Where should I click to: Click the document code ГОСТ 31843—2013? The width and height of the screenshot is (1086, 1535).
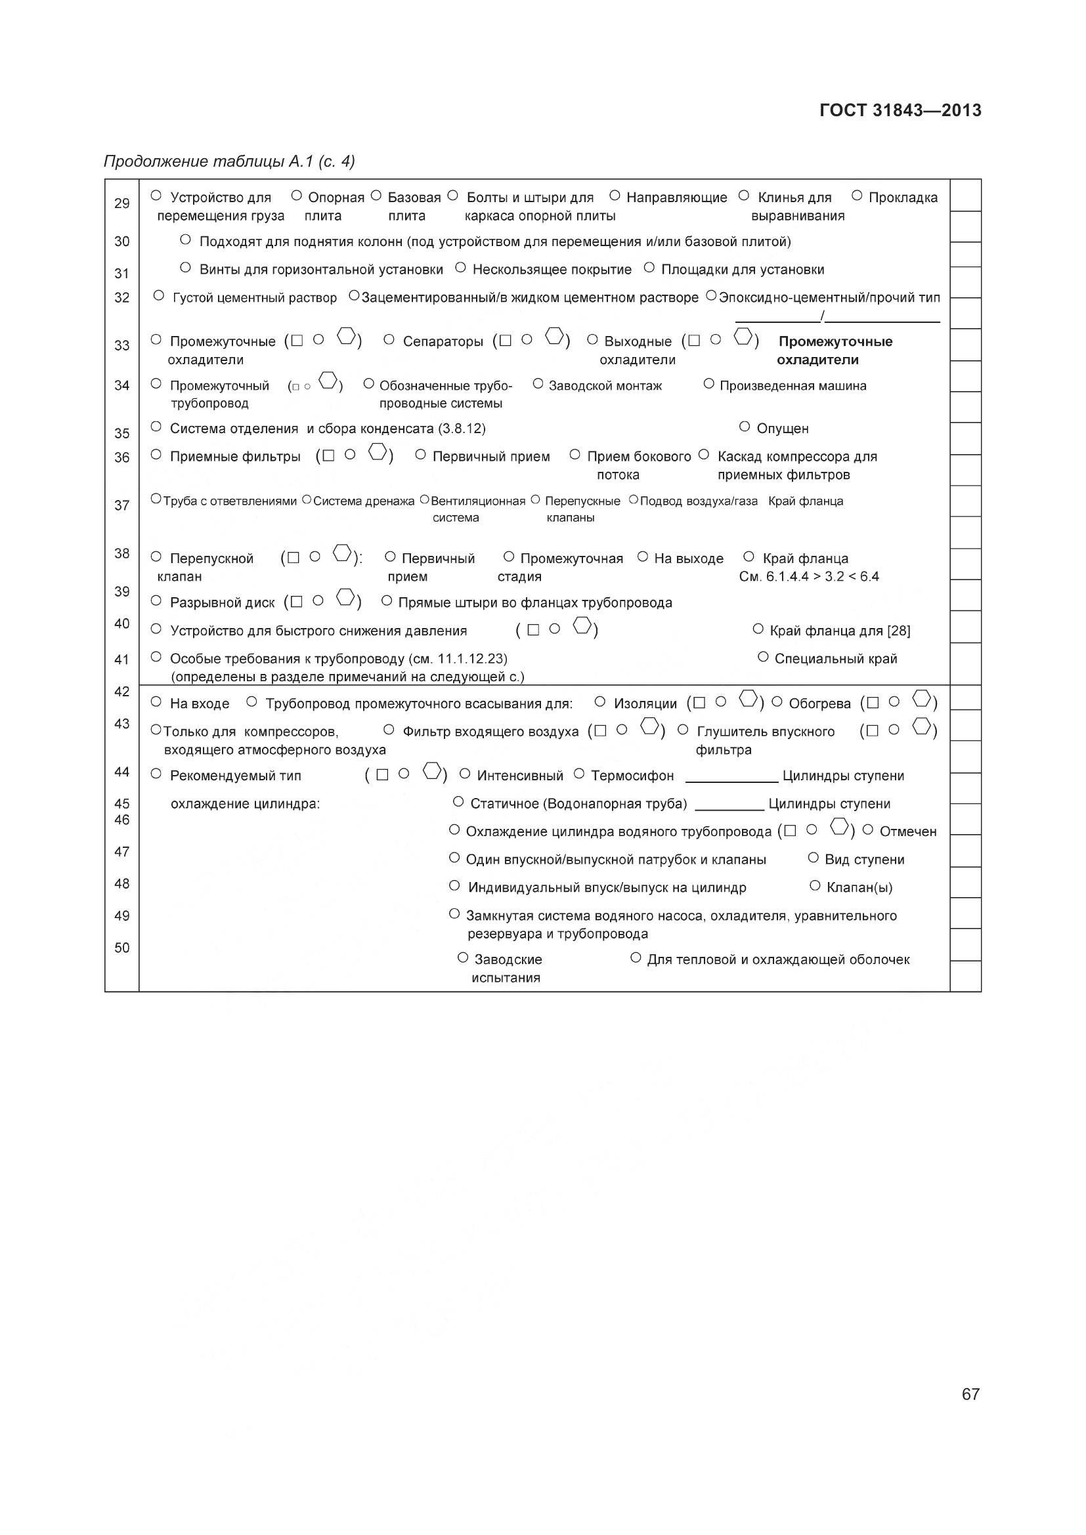pyautogui.click(x=900, y=110)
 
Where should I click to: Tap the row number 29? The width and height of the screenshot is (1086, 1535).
pyautogui.click(x=121, y=203)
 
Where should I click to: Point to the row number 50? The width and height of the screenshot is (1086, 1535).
pyautogui.click(x=121, y=948)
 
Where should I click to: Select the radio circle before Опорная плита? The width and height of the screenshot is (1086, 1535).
pyautogui.click(x=297, y=196)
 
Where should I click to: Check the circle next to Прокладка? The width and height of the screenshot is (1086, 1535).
pyautogui.click(x=857, y=196)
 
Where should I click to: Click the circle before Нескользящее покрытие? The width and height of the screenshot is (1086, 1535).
pyautogui.click(x=460, y=267)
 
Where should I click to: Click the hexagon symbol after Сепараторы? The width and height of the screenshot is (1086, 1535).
pyautogui.click(x=554, y=335)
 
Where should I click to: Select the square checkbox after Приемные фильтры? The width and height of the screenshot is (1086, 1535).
pyautogui.click(x=328, y=455)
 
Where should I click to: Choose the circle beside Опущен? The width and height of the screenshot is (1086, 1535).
pyautogui.click(x=745, y=426)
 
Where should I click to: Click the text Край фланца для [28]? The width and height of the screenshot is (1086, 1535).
pyautogui.click(x=839, y=631)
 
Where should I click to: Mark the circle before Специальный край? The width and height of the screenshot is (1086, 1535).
pyautogui.click(x=763, y=657)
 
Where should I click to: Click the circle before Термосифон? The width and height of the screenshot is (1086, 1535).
pyautogui.click(x=579, y=774)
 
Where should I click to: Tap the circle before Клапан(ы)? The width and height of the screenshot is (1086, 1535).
pyautogui.click(x=814, y=886)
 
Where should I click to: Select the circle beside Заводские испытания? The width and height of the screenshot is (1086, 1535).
pyautogui.click(x=463, y=958)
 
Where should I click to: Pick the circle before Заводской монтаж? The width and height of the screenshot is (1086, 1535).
pyautogui.click(x=538, y=384)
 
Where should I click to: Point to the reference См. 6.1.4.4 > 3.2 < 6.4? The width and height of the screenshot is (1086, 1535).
pyautogui.click(x=808, y=576)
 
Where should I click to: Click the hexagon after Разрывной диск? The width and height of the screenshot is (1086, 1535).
pyautogui.click(x=345, y=597)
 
